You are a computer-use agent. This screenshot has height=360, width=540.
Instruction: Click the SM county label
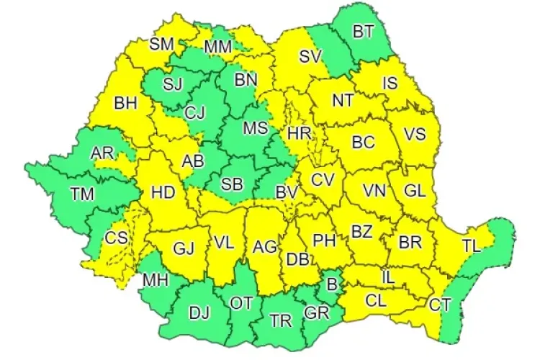[x=162, y=44]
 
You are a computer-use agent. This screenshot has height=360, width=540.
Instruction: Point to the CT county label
[x=440, y=305]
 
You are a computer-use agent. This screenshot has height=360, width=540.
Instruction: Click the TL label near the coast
[x=471, y=246]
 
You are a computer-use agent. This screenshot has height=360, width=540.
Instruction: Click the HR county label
[x=298, y=133]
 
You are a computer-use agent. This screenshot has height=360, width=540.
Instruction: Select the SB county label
[x=231, y=184]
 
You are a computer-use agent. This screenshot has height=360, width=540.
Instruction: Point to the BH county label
[x=125, y=104]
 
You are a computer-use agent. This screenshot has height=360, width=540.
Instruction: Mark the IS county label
[x=390, y=84]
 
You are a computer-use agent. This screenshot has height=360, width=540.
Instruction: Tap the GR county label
[x=315, y=313]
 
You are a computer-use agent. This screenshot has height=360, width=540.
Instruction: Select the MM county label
[x=217, y=48]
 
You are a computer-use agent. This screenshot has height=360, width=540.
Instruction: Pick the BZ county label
[x=361, y=232]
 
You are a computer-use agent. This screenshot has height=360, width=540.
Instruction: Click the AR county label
[x=102, y=153]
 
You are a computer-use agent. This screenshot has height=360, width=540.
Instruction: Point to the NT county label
[x=342, y=102]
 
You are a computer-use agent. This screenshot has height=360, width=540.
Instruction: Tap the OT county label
[x=241, y=303]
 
